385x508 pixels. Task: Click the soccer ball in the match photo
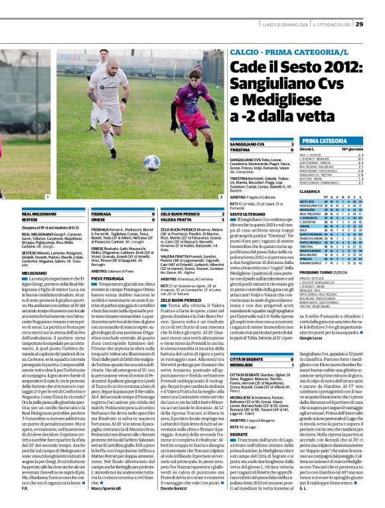click(x=151, y=162)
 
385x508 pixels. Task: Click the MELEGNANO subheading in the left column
click(x=34, y=273)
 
